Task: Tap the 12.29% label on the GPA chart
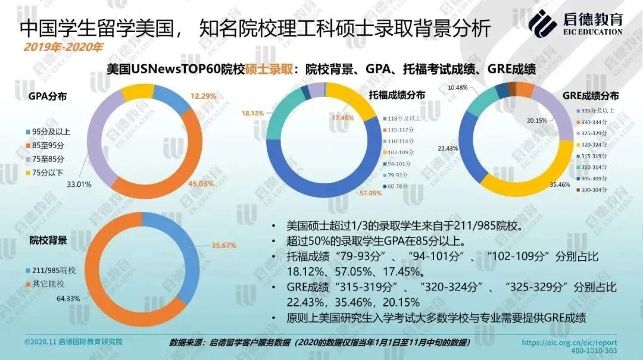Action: click(203, 95)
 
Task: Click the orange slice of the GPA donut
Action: click(179, 154)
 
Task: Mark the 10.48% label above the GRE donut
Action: click(457, 87)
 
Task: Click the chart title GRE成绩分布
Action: click(591, 96)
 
